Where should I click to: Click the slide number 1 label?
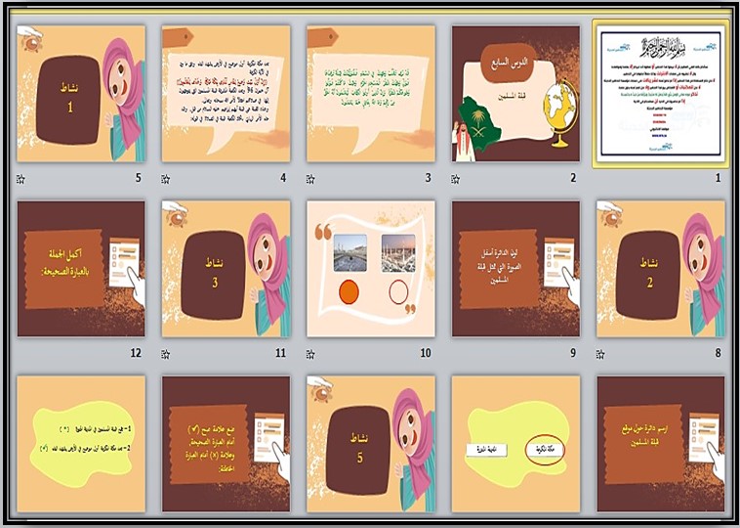click(719, 179)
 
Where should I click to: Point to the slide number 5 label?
click(138, 179)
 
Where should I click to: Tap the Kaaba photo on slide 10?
click(349, 252)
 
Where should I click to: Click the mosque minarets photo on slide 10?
click(398, 252)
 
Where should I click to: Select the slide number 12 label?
click(135, 353)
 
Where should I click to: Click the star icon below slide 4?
click(167, 180)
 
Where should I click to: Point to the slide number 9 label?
click(573, 353)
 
